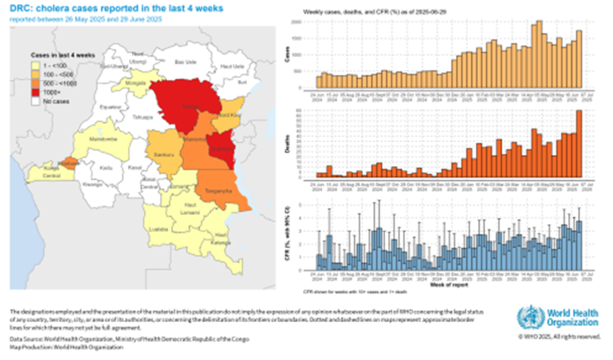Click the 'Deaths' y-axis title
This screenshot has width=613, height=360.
[x=297, y=144]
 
